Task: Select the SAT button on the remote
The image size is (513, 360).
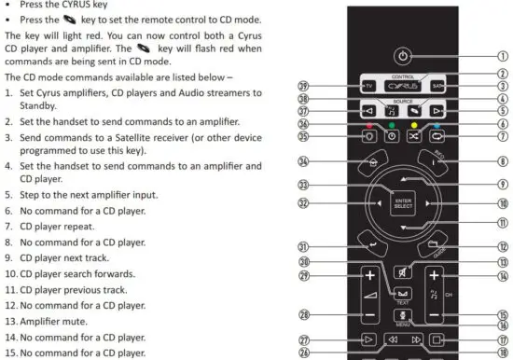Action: click(438, 87)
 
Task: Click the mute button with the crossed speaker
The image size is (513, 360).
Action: click(402, 272)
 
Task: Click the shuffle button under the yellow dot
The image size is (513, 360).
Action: click(414, 136)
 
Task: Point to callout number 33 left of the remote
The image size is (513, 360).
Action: click(303, 185)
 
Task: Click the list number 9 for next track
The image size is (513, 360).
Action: click(7, 256)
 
